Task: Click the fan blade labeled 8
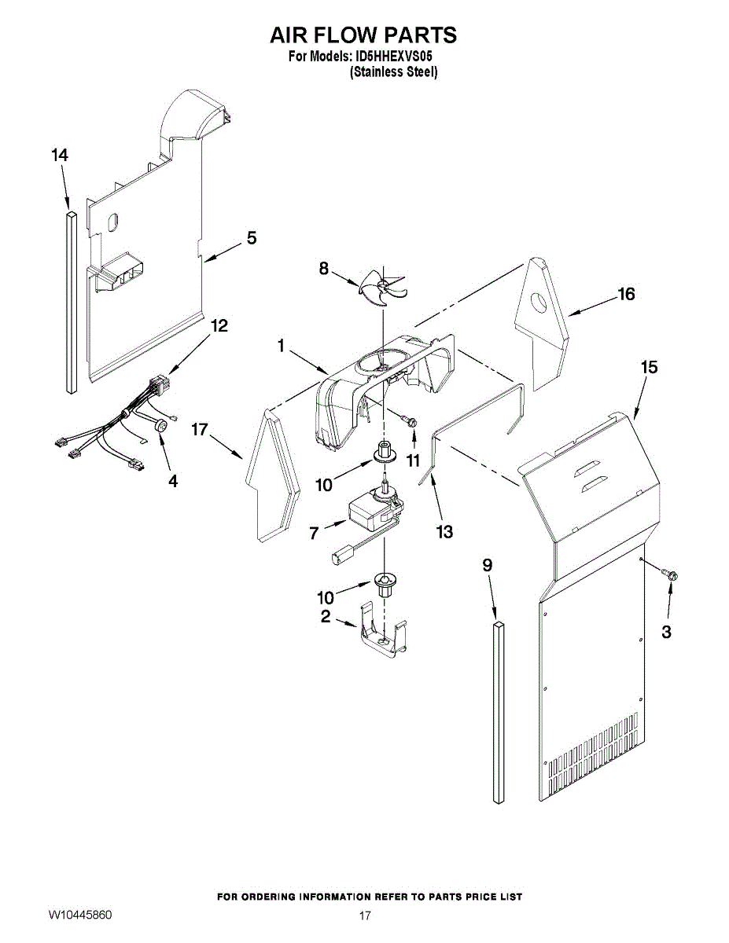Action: click(382, 286)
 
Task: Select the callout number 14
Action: click(60, 156)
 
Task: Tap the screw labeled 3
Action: click(671, 577)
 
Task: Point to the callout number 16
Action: click(626, 294)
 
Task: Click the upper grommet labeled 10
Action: click(385, 453)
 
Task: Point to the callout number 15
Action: click(649, 367)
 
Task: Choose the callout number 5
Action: click(252, 237)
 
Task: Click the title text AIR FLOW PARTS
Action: click(363, 35)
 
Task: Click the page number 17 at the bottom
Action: click(364, 916)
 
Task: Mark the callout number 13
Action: click(444, 532)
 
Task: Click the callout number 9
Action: click(488, 565)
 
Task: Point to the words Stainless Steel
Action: click(393, 72)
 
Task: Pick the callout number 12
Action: click(219, 325)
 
